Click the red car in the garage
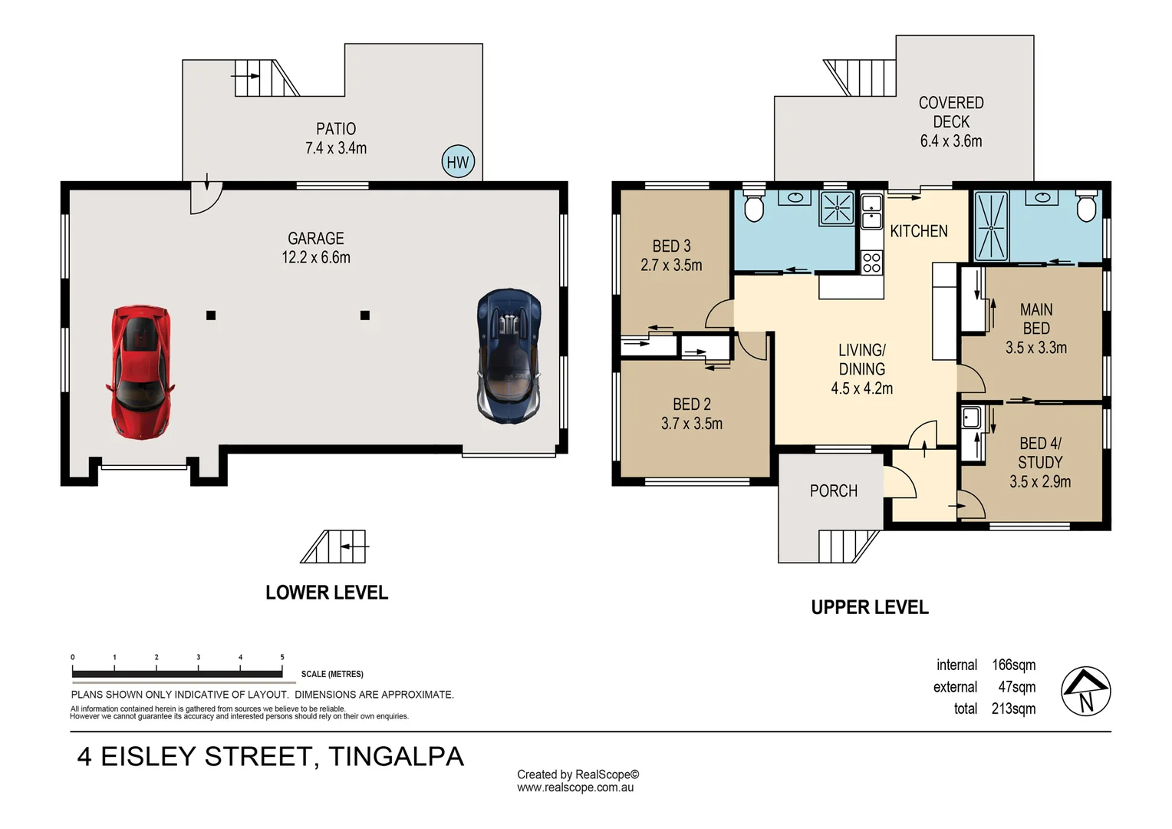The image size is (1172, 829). [x=140, y=372]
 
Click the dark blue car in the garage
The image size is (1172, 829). [x=509, y=355]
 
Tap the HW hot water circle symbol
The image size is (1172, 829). [x=458, y=162]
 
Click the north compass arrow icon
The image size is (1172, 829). [x=1085, y=691]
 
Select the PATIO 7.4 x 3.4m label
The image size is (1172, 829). [x=336, y=139]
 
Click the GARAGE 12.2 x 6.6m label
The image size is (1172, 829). [x=316, y=248]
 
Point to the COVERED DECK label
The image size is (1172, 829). [x=951, y=121]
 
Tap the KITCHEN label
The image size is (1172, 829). [x=918, y=231]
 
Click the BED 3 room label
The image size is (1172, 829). [x=671, y=256]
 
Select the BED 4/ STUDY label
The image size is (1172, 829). [x=1040, y=462]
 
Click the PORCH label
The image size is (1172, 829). [x=833, y=491]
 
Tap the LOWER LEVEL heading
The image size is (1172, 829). [x=327, y=593]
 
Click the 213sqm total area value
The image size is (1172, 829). [x=1012, y=708]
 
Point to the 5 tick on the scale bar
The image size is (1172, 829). [x=282, y=658]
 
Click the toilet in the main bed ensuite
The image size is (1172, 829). [x=1086, y=205]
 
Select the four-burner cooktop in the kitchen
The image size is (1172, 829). [x=871, y=263]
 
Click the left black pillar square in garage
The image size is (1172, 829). [x=211, y=315]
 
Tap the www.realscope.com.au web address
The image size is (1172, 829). [x=575, y=788]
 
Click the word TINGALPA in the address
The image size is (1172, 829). [x=396, y=757]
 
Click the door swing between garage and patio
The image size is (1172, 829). [x=205, y=197]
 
